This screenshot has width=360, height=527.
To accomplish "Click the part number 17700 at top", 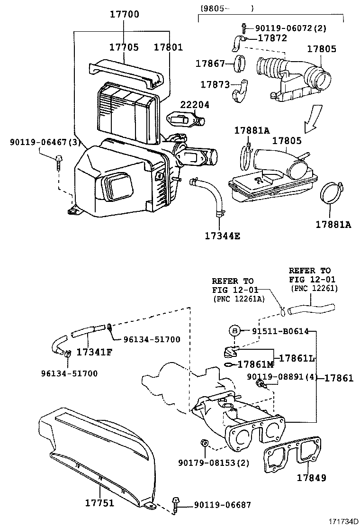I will point(125,14).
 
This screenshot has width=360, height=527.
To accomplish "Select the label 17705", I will point(124,47).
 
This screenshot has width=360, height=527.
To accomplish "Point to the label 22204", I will point(194,104).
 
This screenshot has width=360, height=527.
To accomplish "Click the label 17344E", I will point(222,236).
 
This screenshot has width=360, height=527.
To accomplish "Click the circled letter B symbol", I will point(234,331).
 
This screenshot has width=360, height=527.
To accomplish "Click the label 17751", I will point(99,502).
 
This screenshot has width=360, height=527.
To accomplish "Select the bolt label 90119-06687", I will point(222,506).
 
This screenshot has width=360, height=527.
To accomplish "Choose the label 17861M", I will point(255,364).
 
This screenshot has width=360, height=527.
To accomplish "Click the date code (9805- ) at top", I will point(226,8).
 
